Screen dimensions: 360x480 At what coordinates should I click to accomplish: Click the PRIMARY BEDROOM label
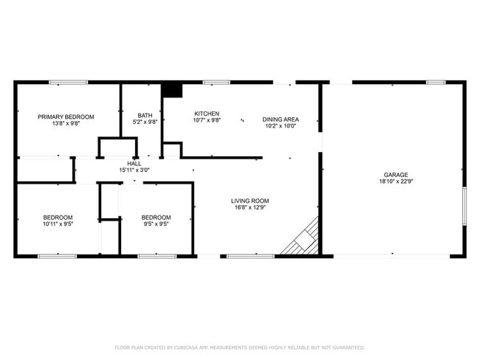pos(66,117)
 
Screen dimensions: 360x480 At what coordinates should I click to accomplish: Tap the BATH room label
pos(145,115)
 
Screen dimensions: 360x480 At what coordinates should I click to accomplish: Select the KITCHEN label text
pos(207,114)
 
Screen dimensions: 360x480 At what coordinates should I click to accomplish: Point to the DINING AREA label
pos(281,119)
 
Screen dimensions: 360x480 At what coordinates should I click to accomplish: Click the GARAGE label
pos(392,174)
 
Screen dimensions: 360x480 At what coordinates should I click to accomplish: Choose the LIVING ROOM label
pos(250,201)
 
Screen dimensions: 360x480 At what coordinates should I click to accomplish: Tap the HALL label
pos(134,163)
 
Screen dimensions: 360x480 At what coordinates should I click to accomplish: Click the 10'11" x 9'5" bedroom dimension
pos(58,224)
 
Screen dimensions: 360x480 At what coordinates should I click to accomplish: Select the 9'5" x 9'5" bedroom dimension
pos(156,224)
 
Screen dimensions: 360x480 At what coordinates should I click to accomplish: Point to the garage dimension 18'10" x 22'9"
pos(392,181)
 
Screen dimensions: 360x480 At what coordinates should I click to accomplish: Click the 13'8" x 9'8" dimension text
pos(66,123)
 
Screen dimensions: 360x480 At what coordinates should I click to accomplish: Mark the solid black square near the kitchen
pos(172,89)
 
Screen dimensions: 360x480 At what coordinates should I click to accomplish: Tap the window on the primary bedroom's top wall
pos(69,82)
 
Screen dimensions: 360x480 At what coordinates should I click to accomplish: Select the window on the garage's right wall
pos(464,206)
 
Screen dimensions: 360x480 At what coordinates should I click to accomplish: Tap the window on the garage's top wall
pos(435,82)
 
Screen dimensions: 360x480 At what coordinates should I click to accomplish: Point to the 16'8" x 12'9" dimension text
pos(250,207)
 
